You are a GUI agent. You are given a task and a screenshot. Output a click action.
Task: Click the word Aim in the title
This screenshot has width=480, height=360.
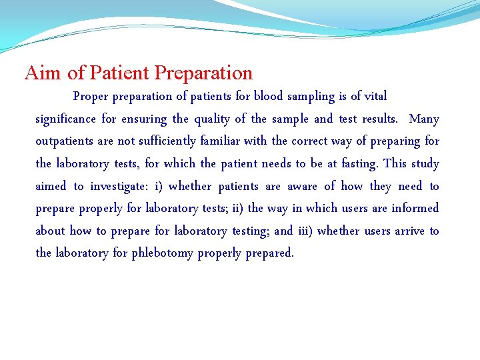pyautogui.click(x=41, y=73)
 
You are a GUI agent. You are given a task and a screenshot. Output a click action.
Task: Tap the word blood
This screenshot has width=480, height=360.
pyautogui.click(x=269, y=96)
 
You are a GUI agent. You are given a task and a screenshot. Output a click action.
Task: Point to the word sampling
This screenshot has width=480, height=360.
pyautogui.click(x=311, y=96)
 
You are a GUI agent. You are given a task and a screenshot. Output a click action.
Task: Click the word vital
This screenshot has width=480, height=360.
pyautogui.click(x=374, y=96)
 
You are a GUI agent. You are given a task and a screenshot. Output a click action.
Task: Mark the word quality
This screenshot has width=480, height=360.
pyautogui.click(x=211, y=119)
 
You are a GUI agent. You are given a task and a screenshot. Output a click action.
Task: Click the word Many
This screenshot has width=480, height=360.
pyautogui.click(x=424, y=119)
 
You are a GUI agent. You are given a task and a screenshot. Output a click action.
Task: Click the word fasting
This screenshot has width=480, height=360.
pyautogui.click(x=359, y=163)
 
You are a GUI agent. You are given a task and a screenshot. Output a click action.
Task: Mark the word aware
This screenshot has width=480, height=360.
pyautogui.click(x=303, y=186)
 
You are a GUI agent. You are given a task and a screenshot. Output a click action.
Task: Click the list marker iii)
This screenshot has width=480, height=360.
pyautogui.click(x=304, y=231)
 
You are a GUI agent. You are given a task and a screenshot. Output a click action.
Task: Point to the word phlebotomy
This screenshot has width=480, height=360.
pyautogui.click(x=163, y=253)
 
